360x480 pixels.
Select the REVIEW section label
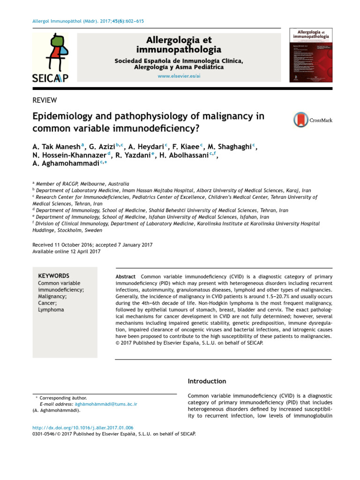[x=45, y=100]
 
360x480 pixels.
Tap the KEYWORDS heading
[x=53, y=276]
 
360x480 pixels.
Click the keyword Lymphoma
[x=51, y=310]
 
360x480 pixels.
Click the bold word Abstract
[x=126, y=277]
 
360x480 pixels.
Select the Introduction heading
[x=207, y=381]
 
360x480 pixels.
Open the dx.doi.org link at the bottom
[x=82, y=427]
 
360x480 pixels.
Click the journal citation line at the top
[x=88, y=22]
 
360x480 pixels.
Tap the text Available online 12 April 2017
[x=66, y=252]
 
